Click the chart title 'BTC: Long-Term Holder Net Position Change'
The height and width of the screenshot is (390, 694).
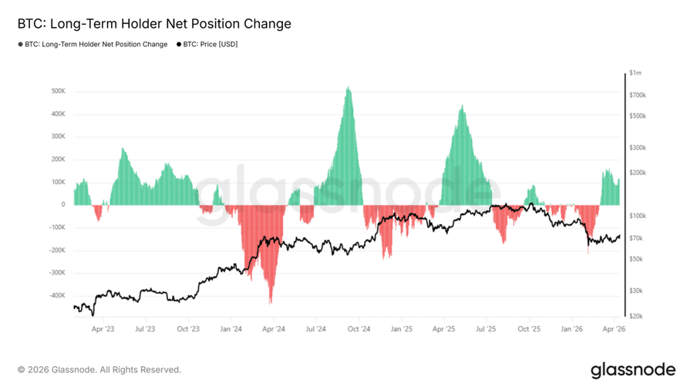[x=154, y=24]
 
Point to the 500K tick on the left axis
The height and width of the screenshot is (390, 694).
[x=58, y=91]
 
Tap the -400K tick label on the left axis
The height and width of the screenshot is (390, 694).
[x=56, y=296]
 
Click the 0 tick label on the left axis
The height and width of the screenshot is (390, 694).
[x=63, y=205]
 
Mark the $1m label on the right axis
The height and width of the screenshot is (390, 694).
[x=635, y=73]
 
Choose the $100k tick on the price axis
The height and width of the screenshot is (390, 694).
[x=638, y=216]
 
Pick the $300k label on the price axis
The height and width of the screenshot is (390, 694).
[x=638, y=147]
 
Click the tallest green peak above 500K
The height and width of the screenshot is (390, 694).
[x=349, y=88]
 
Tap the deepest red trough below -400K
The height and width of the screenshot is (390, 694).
[x=270, y=302]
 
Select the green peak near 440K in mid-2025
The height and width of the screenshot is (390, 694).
[x=462, y=106]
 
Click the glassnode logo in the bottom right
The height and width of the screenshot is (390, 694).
[x=633, y=370]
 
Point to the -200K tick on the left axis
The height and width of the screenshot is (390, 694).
[x=56, y=250]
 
